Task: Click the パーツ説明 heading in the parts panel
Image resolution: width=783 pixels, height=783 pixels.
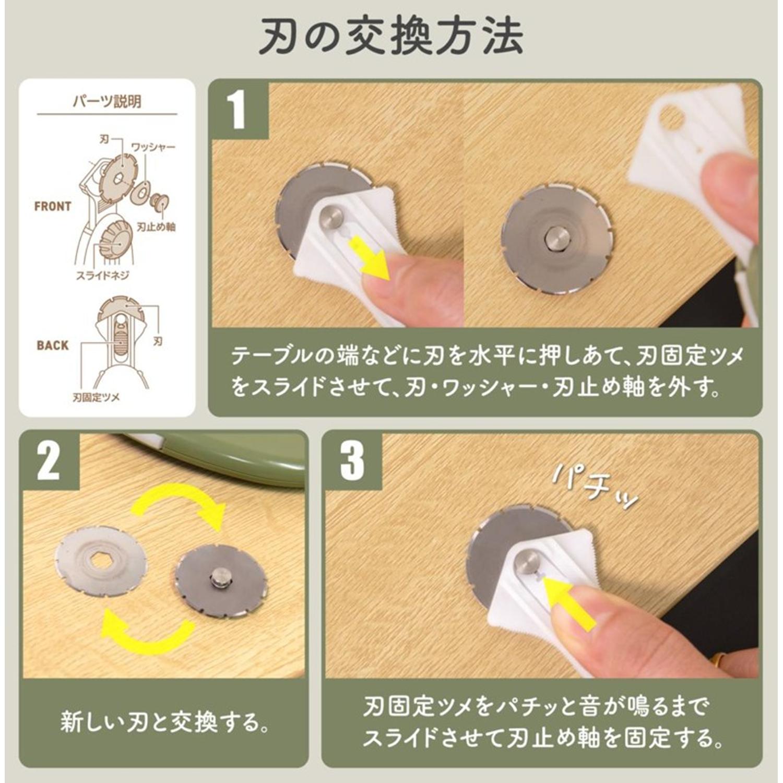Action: coord(106,101)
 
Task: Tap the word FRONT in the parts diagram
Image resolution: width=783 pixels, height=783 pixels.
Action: coord(53,206)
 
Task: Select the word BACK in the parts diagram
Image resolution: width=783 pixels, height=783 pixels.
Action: coord(53,345)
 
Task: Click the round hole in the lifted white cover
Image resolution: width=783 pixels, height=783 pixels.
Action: coord(671,117)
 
